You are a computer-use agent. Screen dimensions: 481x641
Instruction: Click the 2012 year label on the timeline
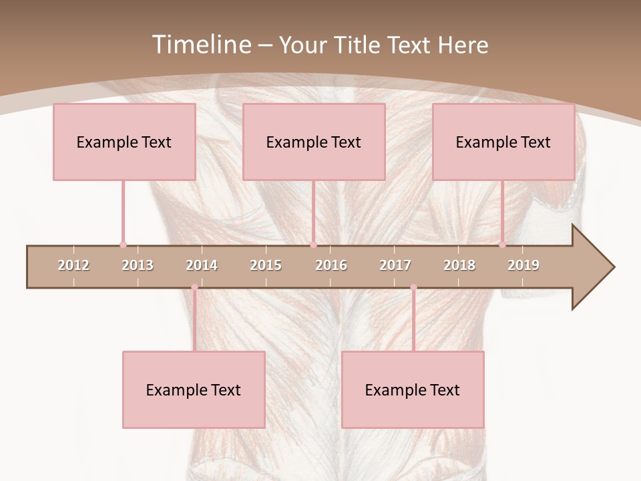pyautogui.click(x=73, y=265)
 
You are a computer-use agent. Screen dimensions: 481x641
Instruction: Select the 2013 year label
pyautogui.click(x=138, y=265)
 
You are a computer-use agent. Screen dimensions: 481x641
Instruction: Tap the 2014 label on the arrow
pyautogui.click(x=202, y=265)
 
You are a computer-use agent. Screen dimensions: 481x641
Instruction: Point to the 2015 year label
pyautogui.click(x=266, y=265)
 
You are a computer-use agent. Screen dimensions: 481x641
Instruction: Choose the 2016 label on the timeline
pyautogui.click(x=331, y=265)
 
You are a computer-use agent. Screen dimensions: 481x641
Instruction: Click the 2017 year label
pyautogui.click(x=395, y=265)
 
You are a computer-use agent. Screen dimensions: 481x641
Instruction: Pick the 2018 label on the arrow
pyautogui.click(x=459, y=265)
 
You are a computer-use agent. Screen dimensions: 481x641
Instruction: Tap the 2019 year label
pyautogui.click(x=523, y=265)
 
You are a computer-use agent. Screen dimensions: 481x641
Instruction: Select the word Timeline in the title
pyautogui.click(x=200, y=45)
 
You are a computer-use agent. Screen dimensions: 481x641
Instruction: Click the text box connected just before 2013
pyautogui.click(x=124, y=142)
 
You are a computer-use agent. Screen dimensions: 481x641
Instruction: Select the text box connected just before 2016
pyautogui.click(x=314, y=142)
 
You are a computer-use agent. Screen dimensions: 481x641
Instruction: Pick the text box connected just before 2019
pyautogui.click(x=503, y=142)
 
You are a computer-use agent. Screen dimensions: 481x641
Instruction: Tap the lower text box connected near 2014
pyautogui.click(x=194, y=389)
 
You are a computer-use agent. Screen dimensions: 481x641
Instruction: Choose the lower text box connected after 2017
pyautogui.click(x=413, y=389)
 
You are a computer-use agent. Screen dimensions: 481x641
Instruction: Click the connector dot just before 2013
pyautogui.click(x=123, y=245)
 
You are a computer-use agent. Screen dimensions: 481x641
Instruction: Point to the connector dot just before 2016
pyautogui.click(x=313, y=245)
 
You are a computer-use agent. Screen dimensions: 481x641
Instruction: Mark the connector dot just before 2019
pyautogui.click(x=502, y=245)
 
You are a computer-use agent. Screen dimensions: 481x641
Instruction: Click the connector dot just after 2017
pyautogui.click(x=413, y=287)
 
